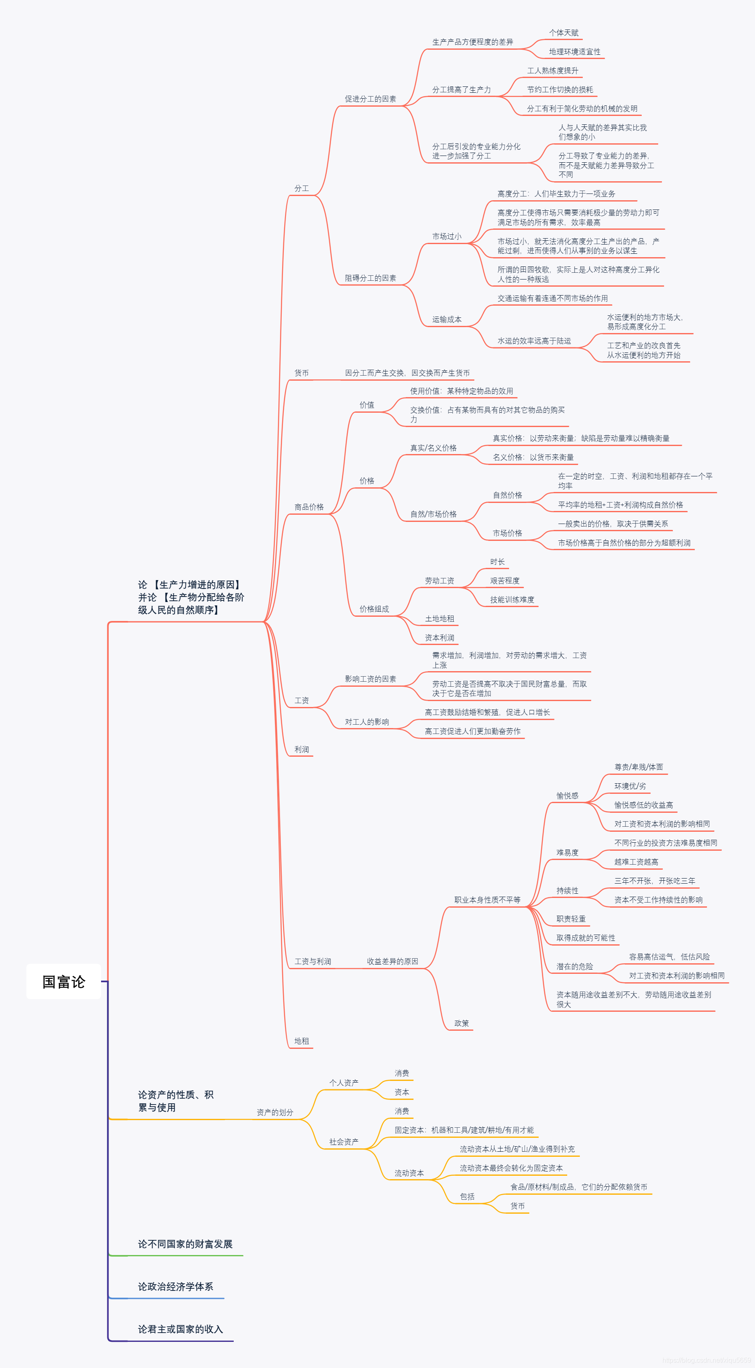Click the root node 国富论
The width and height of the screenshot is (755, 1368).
[64, 981]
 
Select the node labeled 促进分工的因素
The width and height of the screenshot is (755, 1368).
[370, 99]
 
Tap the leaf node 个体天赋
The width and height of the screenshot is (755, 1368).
[563, 33]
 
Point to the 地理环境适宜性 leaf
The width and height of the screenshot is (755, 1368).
[575, 51]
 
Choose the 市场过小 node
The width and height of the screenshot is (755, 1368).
[447, 237]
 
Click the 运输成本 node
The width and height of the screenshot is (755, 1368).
[447, 319]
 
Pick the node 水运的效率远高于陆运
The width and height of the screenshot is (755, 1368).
[534, 341]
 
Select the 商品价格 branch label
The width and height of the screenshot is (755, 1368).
[309, 507]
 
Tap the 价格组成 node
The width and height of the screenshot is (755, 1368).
[374, 609]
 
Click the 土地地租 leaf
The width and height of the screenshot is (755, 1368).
[439, 619]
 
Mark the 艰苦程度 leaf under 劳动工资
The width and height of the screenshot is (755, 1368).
[504, 581]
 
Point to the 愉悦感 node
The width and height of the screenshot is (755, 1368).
[567, 796]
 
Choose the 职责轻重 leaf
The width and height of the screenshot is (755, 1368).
[571, 919]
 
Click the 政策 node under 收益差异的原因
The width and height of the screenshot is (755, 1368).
[462, 1023]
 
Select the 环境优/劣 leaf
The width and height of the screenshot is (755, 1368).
[630, 786]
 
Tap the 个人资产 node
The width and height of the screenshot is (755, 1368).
[344, 1082]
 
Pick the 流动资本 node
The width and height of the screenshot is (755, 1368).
[409, 1173]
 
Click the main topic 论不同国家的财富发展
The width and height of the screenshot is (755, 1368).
[185, 1244]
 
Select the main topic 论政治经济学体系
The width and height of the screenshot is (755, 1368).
[176, 1286]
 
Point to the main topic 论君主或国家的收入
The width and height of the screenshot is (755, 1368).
[180, 1329]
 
